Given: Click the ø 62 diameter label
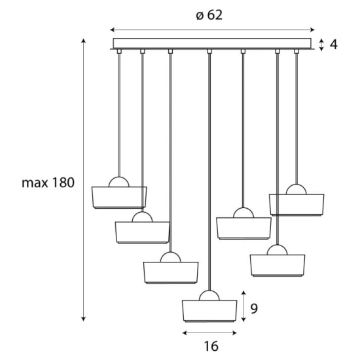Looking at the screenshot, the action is point(209,16).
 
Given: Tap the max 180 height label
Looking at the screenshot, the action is point(48,183).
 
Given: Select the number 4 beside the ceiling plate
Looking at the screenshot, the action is point(333,45).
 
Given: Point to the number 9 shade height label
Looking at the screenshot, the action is point(254,308).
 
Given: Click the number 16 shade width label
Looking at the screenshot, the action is point(211,346).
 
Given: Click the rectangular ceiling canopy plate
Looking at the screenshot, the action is point(212,43).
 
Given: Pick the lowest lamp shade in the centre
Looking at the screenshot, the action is point(209,311).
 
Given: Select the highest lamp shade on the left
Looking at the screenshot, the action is point(119,198).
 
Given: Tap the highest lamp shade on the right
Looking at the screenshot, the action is point(297,205).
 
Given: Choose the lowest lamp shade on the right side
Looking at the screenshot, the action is point(278,265).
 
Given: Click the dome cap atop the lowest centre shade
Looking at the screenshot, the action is point(209,296).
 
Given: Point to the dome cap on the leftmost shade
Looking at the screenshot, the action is point(119,183).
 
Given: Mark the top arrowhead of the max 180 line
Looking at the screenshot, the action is point(84,41).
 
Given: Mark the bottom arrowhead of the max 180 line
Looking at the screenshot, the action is point(84,319).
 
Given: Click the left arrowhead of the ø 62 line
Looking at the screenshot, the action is point(113,30).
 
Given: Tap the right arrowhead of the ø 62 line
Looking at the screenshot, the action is point(312,30).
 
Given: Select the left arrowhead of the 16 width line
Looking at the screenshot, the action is point(185,333).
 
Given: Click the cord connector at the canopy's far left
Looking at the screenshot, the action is point(119,51).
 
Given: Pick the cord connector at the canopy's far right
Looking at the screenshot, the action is point(297,51).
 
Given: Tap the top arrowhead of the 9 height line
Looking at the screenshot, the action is point(244,293).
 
